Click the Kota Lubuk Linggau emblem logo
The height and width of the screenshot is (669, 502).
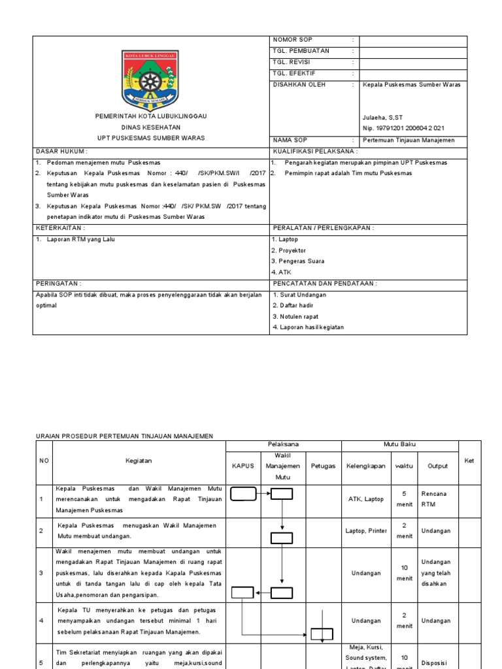click(150, 78)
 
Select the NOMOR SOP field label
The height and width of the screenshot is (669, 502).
click(293, 41)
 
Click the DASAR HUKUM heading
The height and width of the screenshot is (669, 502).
click(59, 151)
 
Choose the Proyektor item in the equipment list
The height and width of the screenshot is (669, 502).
click(288, 251)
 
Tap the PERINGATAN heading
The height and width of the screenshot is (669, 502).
click(58, 284)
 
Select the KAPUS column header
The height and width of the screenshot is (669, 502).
click(243, 466)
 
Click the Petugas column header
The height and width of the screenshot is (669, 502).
click(323, 466)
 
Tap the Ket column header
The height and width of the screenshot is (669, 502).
click(469, 461)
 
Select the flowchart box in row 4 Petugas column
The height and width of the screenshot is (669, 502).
click(322, 634)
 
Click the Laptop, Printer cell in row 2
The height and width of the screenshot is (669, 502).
click(366, 531)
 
